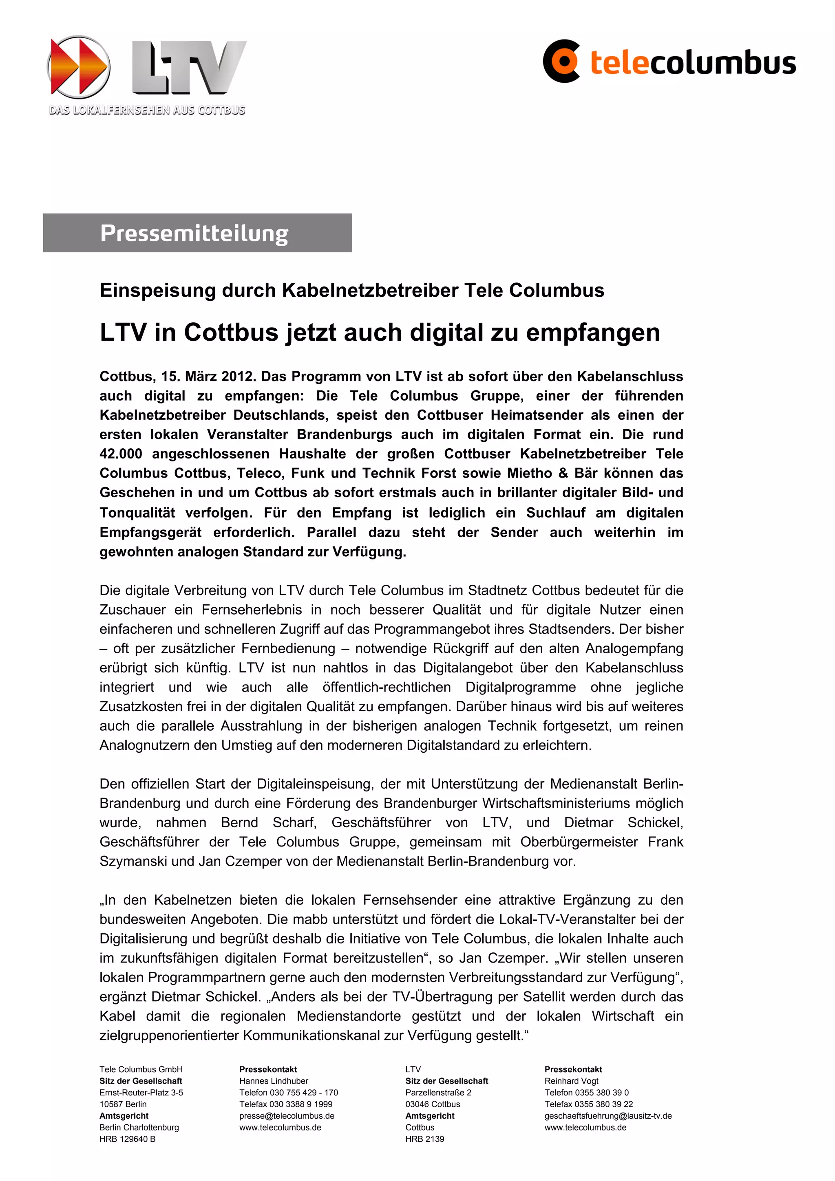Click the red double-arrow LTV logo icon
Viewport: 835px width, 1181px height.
coord(78,67)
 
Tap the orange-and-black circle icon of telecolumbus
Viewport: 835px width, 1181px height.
coord(562,61)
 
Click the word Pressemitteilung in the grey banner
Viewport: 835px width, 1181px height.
coord(194,233)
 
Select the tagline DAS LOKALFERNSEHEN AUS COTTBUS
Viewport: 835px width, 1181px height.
coord(147,110)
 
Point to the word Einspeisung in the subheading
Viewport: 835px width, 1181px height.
coord(158,291)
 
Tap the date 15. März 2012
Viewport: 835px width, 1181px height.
coord(208,377)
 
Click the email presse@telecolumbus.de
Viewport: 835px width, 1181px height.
coord(287,1116)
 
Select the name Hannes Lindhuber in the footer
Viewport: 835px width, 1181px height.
coord(274,1081)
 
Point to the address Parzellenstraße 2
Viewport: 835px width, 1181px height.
coord(438,1093)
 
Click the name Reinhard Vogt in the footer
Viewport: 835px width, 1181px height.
coord(571,1081)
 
